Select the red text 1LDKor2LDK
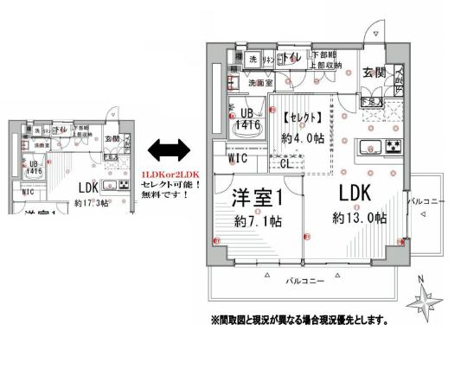[x=170, y=175]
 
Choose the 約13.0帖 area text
[x=357, y=219]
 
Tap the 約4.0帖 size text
[x=302, y=137]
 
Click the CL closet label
[x=286, y=162]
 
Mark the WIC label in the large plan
[x=238, y=159]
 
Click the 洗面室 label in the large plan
[x=259, y=84]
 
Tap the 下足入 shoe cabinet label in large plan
[x=367, y=102]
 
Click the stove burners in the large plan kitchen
[x=394, y=145]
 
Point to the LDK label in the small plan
[x=88, y=187]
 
